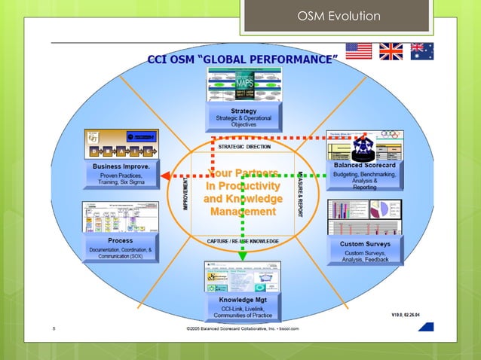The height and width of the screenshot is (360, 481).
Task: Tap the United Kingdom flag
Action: tap(391, 51)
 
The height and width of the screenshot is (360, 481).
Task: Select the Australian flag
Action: tap(420, 51)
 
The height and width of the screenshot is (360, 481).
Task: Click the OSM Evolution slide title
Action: tap(339, 16)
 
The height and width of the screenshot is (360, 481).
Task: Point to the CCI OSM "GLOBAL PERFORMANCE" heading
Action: tap(241, 59)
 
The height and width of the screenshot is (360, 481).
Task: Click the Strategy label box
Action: tap(243, 117)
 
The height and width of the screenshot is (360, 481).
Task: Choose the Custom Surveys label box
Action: tap(365, 249)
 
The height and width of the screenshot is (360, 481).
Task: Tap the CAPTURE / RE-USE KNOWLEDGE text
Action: tap(243, 241)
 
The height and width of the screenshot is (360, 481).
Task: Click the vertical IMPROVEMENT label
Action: tap(185, 194)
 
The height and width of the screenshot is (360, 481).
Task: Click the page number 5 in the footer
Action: tap(54, 329)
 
